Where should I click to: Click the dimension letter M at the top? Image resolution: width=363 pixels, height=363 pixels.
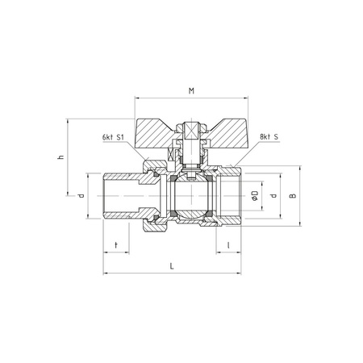click(x=191, y=91)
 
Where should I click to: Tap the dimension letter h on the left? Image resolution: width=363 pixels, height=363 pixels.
click(x=61, y=156)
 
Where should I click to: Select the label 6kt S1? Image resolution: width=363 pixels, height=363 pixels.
click(x=113, y=137)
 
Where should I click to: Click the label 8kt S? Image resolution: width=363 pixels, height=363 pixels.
click(x=269, y=136)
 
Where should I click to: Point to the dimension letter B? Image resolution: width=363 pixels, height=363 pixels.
click(x=293, y=195)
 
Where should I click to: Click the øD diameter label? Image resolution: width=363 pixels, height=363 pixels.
click(x=255, y=195)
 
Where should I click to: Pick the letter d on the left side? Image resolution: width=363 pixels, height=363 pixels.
click(x=81, y=195)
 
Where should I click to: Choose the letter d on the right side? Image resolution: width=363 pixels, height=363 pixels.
click(x=273, y=195)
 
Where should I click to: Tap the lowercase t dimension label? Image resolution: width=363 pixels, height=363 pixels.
click(x=116, y=245)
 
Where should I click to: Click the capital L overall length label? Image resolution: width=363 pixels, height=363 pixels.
click(x=172, y=266)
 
